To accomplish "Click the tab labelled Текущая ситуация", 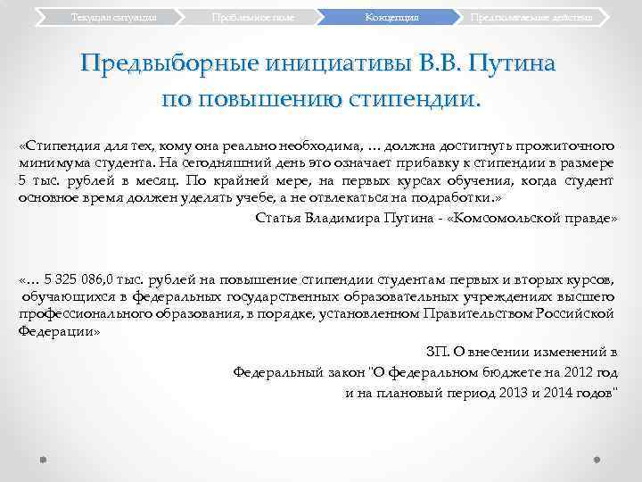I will (107, 17).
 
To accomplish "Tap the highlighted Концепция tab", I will (392, 17).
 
